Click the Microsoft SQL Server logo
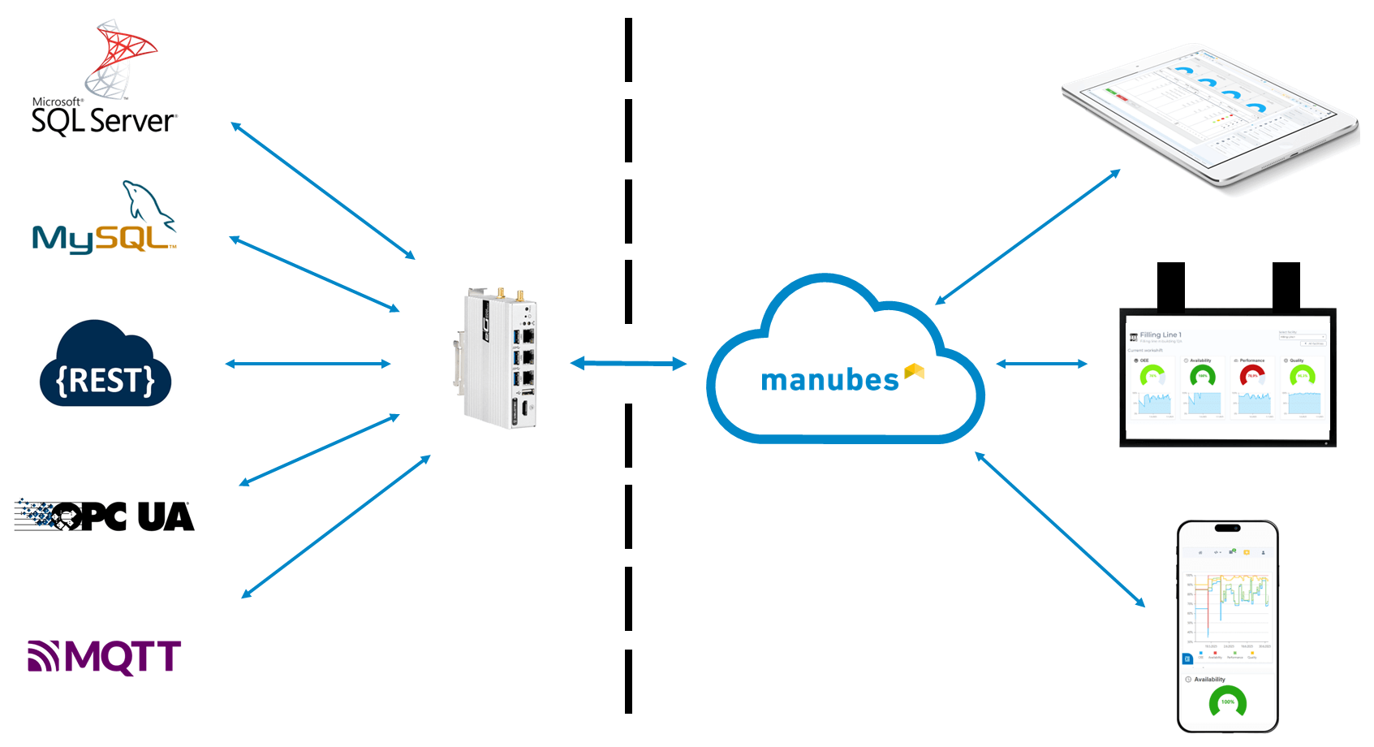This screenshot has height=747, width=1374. [104, 81]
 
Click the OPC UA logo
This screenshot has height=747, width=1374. [106, 516]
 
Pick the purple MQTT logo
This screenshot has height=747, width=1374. [104, 657]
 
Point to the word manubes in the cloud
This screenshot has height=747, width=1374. [829, 380]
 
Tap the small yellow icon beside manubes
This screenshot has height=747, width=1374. [915, 372]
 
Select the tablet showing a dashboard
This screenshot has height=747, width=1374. [1209, 114]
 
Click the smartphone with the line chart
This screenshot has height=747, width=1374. [1227, 625]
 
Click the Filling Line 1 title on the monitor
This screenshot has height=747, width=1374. [1161, 335]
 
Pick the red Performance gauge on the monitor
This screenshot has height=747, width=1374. [1252, 375]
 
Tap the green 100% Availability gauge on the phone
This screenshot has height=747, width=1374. [1227, 702]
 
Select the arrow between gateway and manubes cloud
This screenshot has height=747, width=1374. [629, 364]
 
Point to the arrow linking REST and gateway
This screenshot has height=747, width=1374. [308, 364]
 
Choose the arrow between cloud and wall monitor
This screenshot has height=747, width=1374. [1041, 364]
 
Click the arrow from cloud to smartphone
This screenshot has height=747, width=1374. [1060, 529]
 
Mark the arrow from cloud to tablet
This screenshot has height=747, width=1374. [1027, 237]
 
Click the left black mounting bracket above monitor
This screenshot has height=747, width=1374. [1170, 285]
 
